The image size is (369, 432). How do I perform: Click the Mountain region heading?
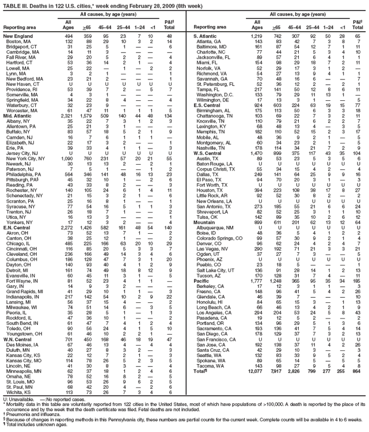pyautogui.click(x=203, y=222)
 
